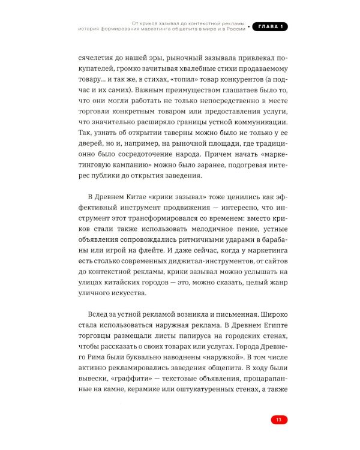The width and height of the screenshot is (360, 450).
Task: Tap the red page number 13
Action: (278, 419)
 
